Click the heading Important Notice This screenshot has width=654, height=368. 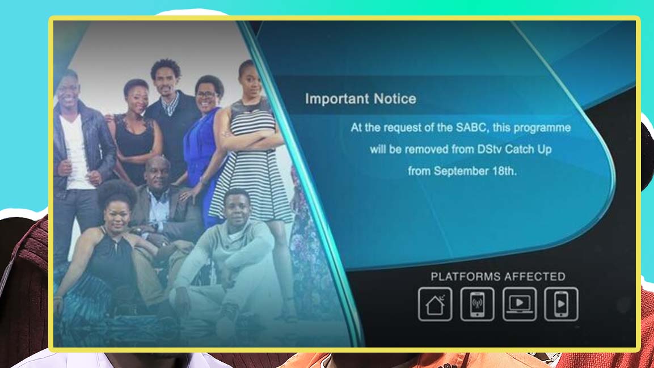coord(360,99)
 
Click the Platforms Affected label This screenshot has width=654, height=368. coord(497,277)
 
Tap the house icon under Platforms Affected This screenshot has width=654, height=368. coord(435,304)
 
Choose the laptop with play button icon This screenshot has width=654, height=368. coord(519,304)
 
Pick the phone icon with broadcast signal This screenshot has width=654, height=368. coord(477,304)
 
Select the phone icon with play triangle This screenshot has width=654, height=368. coord(561,304)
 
